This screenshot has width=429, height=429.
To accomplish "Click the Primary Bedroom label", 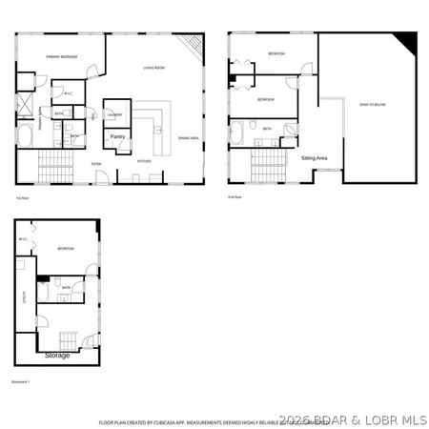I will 61,57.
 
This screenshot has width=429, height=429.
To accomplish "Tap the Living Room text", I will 156,68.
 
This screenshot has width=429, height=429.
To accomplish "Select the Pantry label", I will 118,136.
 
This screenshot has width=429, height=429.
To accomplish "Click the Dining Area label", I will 188,138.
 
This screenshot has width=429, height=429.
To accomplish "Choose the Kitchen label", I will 144,162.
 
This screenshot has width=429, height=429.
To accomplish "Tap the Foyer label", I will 97,163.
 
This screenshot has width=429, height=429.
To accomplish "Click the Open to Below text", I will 371,104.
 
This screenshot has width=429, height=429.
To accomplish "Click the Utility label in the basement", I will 26,296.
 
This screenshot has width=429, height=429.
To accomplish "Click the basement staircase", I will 69,340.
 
